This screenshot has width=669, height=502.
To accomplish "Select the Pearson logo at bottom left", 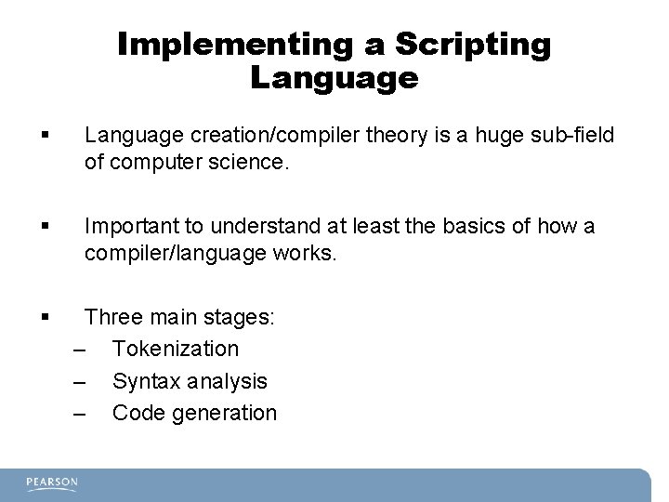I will [52, 482].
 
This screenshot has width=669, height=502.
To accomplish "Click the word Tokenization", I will [176, 349].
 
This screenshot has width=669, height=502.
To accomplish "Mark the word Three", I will [111, 317].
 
